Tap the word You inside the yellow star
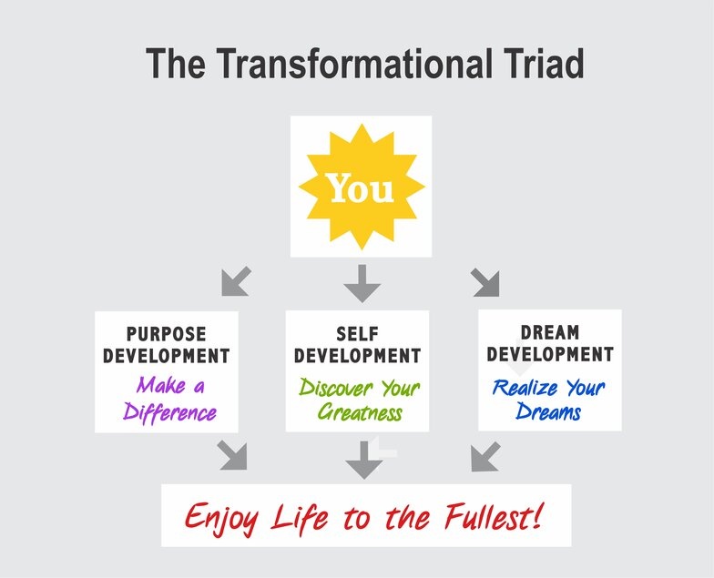click(x=362, y=188)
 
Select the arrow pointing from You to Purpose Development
click(x=236, y=281)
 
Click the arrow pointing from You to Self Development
click(x=362, y=284)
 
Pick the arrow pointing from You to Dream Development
click(x=485, y=282)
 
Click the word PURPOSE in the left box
click(x=166, y=334)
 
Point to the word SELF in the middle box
click(x=357, y=334)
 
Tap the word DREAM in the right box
click(x=550, y=333)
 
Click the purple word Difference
click(x=169, y=412)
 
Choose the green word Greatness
click(x=360, y=412)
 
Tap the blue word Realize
click(x=525, y=388)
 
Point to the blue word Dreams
click(x=548, y=411)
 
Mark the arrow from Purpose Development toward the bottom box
click(x=232, y=455)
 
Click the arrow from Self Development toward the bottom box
click(x=364, y=460)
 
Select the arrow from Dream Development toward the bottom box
click(x=485, y=457)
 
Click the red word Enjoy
click(x=222, y=517)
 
